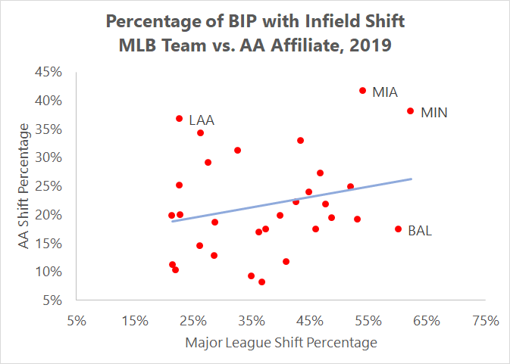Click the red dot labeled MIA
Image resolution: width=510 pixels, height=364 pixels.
tap(363, 91)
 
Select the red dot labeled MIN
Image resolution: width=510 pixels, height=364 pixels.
tap(411, 111)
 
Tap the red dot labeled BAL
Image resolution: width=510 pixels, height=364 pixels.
tap(399, 229)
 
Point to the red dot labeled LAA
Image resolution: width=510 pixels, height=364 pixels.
tap(180, 119)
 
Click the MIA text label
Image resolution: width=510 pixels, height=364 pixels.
tap(385, 92)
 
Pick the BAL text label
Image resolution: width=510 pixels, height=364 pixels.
tap(420, 231)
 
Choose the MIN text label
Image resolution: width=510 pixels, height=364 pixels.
tap(433, 113)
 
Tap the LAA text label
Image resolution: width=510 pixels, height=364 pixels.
tap(202, 120)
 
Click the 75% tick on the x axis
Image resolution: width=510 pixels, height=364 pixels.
tap(486, 320)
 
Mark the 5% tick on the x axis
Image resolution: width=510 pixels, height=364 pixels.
tap(77, 320)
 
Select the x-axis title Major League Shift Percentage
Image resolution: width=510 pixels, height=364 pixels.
tap(281, 343)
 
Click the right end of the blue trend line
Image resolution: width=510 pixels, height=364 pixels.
tap(411, 179)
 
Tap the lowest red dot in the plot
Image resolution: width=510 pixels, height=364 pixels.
tap(262, 282)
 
